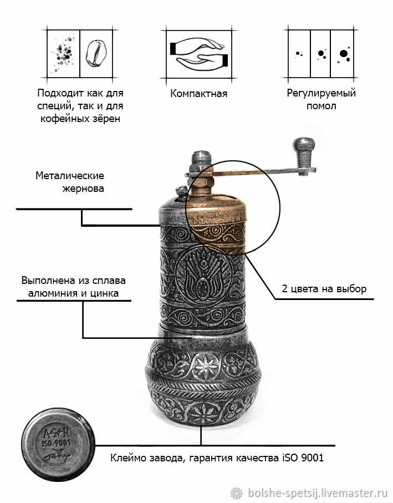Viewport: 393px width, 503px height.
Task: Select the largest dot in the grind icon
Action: (344, 54)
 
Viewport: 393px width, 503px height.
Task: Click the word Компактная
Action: (199, 93)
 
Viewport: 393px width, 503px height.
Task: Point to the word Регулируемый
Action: (321, 93)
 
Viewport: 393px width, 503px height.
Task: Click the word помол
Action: (321, 105)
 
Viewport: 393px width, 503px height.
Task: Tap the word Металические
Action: (70, 176)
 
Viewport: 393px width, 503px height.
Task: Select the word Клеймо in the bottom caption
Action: (129, 459)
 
